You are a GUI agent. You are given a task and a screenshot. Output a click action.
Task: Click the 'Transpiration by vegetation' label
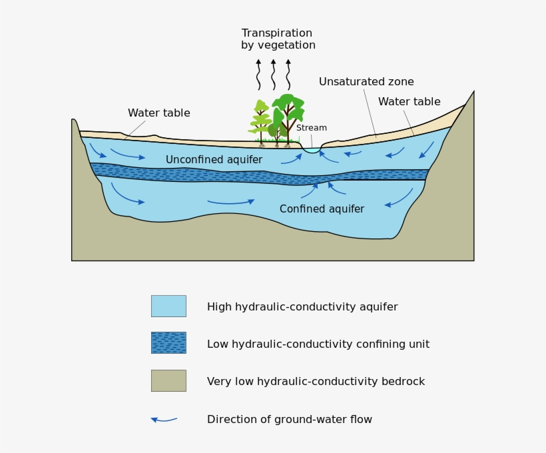point(278,39)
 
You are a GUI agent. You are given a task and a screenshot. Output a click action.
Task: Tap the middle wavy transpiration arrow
point(273,75)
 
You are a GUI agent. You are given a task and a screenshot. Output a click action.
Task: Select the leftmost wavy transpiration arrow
point(258,75)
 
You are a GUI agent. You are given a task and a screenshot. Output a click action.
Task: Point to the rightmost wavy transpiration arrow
point(288,75)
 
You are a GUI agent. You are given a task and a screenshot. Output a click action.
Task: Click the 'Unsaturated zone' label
point(366,82)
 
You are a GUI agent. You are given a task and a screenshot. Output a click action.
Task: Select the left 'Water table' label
point(158,113)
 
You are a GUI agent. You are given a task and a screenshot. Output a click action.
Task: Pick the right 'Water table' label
point(409,102)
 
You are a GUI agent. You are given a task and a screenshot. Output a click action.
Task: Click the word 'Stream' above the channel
point(311,128)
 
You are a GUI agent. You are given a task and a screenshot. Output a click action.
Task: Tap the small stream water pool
point(312,151)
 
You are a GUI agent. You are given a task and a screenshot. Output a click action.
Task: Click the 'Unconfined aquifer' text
point(214,160)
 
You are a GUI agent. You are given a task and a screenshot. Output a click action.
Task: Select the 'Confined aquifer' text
point(322,209)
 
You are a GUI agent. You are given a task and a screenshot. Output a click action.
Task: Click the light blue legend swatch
point(168,306)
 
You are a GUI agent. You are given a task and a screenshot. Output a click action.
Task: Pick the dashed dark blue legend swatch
point(168,343)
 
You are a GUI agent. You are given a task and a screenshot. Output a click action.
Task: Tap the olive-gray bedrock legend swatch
point(168,380)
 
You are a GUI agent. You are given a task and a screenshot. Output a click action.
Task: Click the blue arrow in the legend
point(164,420)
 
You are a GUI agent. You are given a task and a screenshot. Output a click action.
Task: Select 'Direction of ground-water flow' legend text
point(289,420)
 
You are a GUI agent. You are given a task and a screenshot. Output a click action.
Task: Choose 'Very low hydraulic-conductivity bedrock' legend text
point(316,382)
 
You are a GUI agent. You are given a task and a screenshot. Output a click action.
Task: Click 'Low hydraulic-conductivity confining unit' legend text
point(318,344)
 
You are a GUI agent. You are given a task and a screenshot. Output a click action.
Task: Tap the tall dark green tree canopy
point(288,107)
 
